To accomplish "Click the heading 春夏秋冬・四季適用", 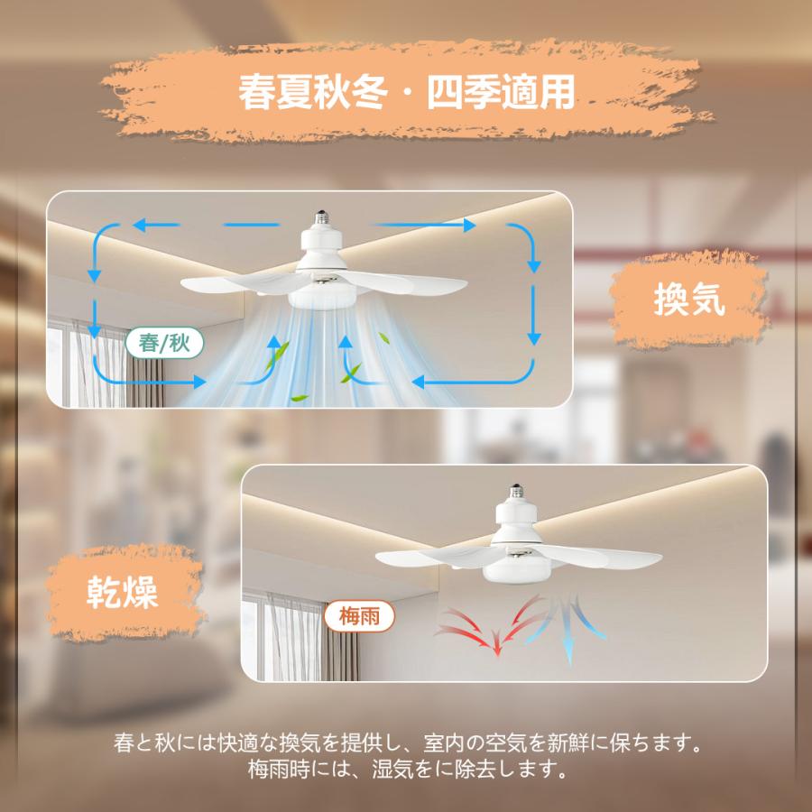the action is click(x=407, y=92).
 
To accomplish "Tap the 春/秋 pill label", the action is click(x=165, y=343).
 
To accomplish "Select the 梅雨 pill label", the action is click(x=359, y=616).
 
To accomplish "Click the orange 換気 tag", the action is click(x=688, y=300).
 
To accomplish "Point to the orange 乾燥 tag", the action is click(x=124, y=592).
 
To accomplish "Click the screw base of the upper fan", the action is click(x=322, y=218).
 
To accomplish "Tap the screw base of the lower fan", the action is click(x=516, y=492).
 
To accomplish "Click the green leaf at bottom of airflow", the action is click(x=300, y=398).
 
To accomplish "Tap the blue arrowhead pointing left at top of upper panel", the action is click(x=140, y=225).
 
